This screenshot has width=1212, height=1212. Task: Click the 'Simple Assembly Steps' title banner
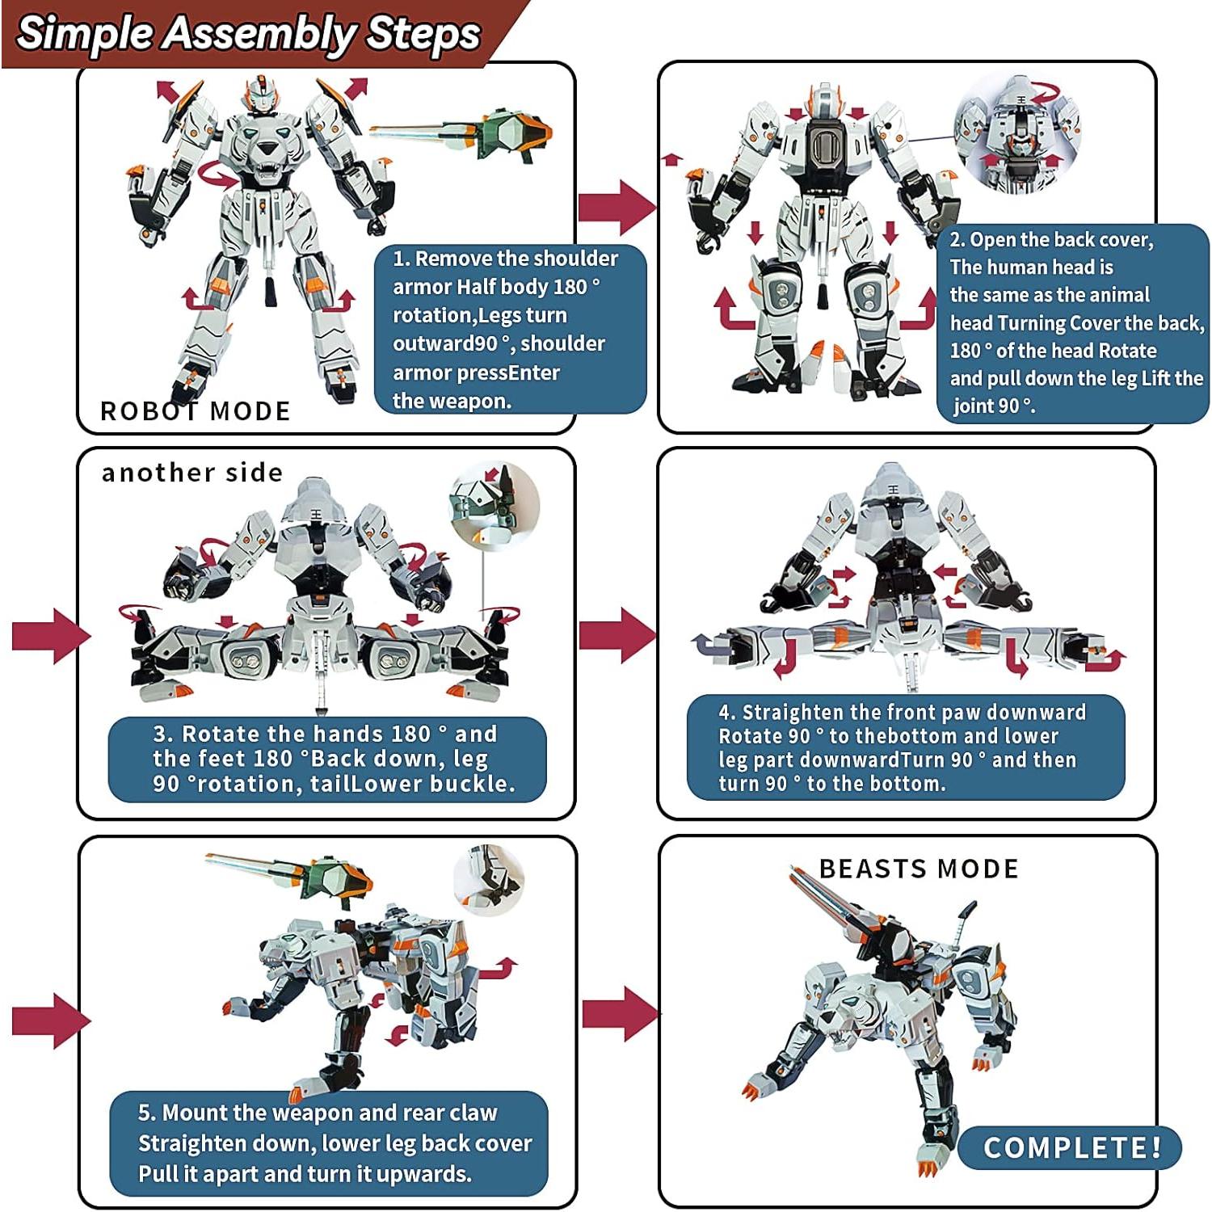click(248, 34)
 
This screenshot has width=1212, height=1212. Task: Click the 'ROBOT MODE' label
click(195, 411)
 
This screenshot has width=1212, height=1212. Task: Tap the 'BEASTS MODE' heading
click(919, 869)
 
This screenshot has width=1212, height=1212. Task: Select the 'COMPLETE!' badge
click(1071, 1147)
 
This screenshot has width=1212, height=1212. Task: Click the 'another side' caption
click(192, 473)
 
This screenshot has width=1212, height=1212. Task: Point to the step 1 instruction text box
click(509, 330)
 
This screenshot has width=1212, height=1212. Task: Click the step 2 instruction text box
click(1073, 323)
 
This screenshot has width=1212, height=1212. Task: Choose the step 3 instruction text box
click(327, 759)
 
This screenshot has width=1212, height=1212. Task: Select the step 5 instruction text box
click(329, 1143)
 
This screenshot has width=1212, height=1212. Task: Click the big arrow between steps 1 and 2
click(617, 207)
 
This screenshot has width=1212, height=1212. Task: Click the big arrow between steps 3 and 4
click(617, 634)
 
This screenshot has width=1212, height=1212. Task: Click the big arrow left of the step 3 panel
click(51, 636)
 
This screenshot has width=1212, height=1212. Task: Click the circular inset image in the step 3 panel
click(494, 507)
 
